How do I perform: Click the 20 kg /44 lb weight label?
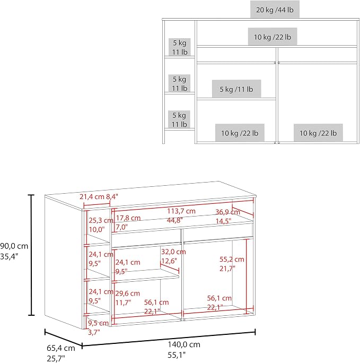coord(275,10)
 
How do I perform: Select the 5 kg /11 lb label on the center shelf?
coord(236,89)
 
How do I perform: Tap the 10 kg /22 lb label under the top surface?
coord(273,37)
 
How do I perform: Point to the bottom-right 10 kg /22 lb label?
coord(318,133)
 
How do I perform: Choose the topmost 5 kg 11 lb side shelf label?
coord(180,47)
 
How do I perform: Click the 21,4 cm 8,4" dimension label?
coord(99,197)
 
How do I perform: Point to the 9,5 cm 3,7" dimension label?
coord(98,327)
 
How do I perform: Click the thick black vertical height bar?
coord(31,255)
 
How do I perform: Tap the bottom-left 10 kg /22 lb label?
coord(240,133)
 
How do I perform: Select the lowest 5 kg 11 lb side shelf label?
coord(179,119)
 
